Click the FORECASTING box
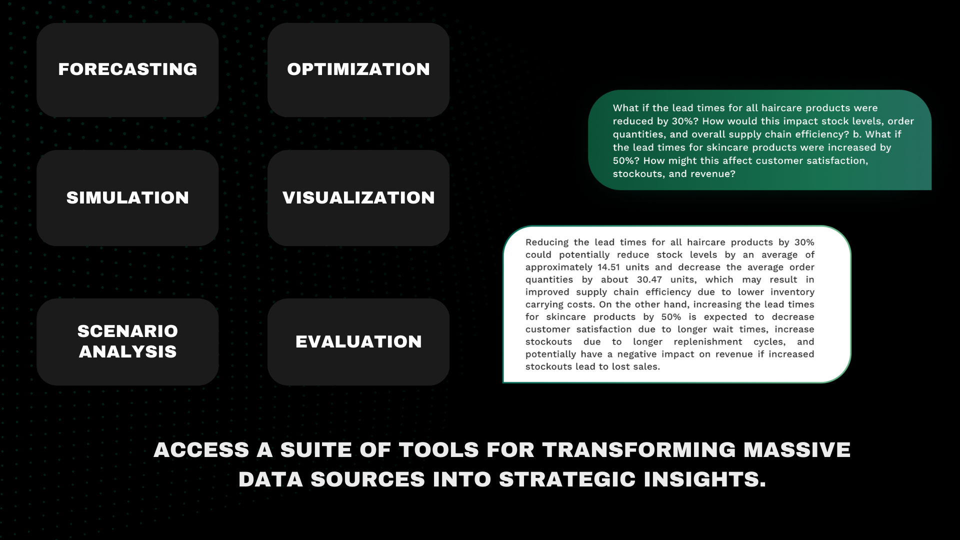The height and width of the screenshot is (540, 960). tap(127, 70)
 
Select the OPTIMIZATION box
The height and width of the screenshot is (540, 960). tap(358, 70)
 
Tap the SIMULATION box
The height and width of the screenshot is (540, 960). tap(127, 198)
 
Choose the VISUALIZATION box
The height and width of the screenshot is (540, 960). tap(358, 198)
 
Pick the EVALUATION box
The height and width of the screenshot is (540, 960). tap(358, 342)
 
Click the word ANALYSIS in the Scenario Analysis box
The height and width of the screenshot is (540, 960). tap(127, 351)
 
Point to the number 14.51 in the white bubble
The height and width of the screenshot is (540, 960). tap(609, 267)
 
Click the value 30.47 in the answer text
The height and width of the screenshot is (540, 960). tap(649, 280)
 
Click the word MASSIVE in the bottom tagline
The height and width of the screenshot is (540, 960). tap(797, 450)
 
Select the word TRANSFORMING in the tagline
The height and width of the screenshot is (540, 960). tap(639, 450)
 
